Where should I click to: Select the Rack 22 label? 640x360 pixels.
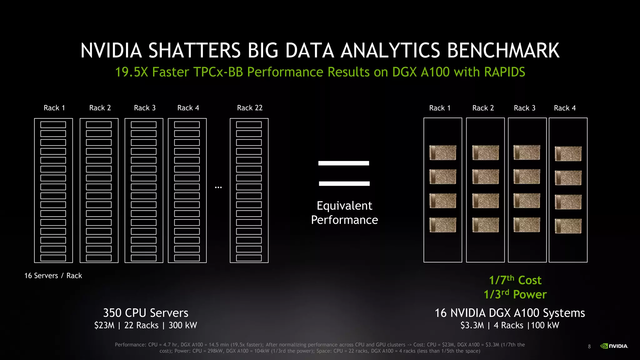250,108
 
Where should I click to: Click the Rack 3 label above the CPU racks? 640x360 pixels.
145,108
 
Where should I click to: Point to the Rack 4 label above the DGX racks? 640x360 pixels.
565,108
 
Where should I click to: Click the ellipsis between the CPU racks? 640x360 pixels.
218,187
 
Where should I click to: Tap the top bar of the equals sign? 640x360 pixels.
343,163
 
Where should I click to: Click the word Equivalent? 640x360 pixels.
344,206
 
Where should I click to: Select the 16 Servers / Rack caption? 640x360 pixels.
53,276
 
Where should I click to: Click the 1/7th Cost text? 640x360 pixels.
515,280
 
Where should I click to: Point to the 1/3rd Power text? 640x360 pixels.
515,294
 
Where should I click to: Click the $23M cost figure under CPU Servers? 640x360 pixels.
104,325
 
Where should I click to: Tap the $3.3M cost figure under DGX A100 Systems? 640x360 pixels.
472,325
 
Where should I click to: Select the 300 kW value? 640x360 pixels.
183,325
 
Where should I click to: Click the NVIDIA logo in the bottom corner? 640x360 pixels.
614,346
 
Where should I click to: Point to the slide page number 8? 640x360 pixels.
589,346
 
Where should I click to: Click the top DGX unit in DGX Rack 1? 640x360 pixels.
443,152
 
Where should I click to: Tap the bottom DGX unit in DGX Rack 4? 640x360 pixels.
568,226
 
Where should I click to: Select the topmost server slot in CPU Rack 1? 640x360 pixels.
53,125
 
